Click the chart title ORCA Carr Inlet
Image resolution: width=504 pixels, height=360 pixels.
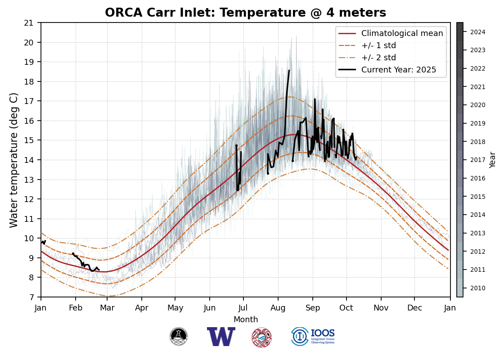pos(245,13)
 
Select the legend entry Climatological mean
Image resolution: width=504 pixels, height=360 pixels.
pos(402,33)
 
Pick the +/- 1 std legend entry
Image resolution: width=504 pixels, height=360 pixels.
pos(378,45)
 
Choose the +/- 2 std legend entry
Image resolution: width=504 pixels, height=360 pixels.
pos(378,58)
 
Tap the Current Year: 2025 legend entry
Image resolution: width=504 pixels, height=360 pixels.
pos(399,70)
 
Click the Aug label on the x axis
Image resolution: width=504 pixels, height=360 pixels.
pos(278,308)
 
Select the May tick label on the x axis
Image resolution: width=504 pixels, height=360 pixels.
pos(175,308)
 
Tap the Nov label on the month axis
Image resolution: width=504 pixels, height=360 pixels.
pos(381,308)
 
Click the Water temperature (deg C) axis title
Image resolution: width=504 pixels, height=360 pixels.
pos(14,160)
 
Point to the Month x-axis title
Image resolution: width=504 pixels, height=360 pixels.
pos(246,319)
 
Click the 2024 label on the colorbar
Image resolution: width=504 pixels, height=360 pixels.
pos(478,32)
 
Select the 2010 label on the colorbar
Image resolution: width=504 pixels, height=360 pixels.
pos(478,288)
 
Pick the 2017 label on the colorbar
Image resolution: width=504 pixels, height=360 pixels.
pos(478,160)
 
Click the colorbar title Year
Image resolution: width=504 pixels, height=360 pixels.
pos(493,160)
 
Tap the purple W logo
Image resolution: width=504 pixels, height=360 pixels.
pos(221,337)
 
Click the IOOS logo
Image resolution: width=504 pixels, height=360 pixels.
pos(313,337)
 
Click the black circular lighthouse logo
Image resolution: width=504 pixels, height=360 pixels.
pos(179,337)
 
